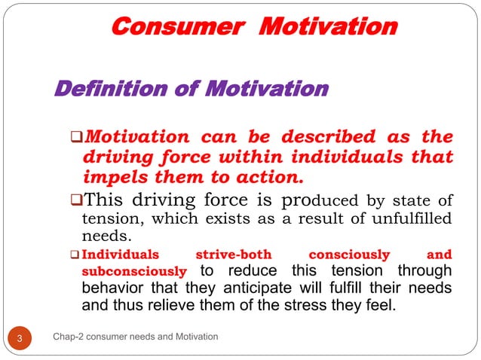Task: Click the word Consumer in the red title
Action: [x=178, y=27]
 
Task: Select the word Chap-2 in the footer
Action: [x=69, y=336]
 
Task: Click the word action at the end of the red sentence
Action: [x=274, y=178]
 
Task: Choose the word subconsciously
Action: [x=133, y=270]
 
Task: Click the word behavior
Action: [x=113, y=288]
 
